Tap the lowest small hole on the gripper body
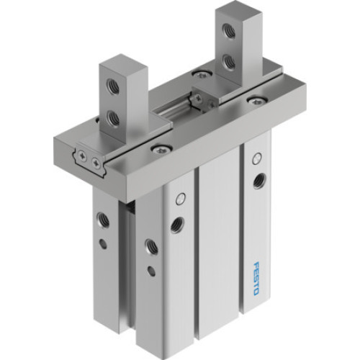click(x=150, y=271)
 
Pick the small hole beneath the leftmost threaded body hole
click(x=103, y=243)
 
